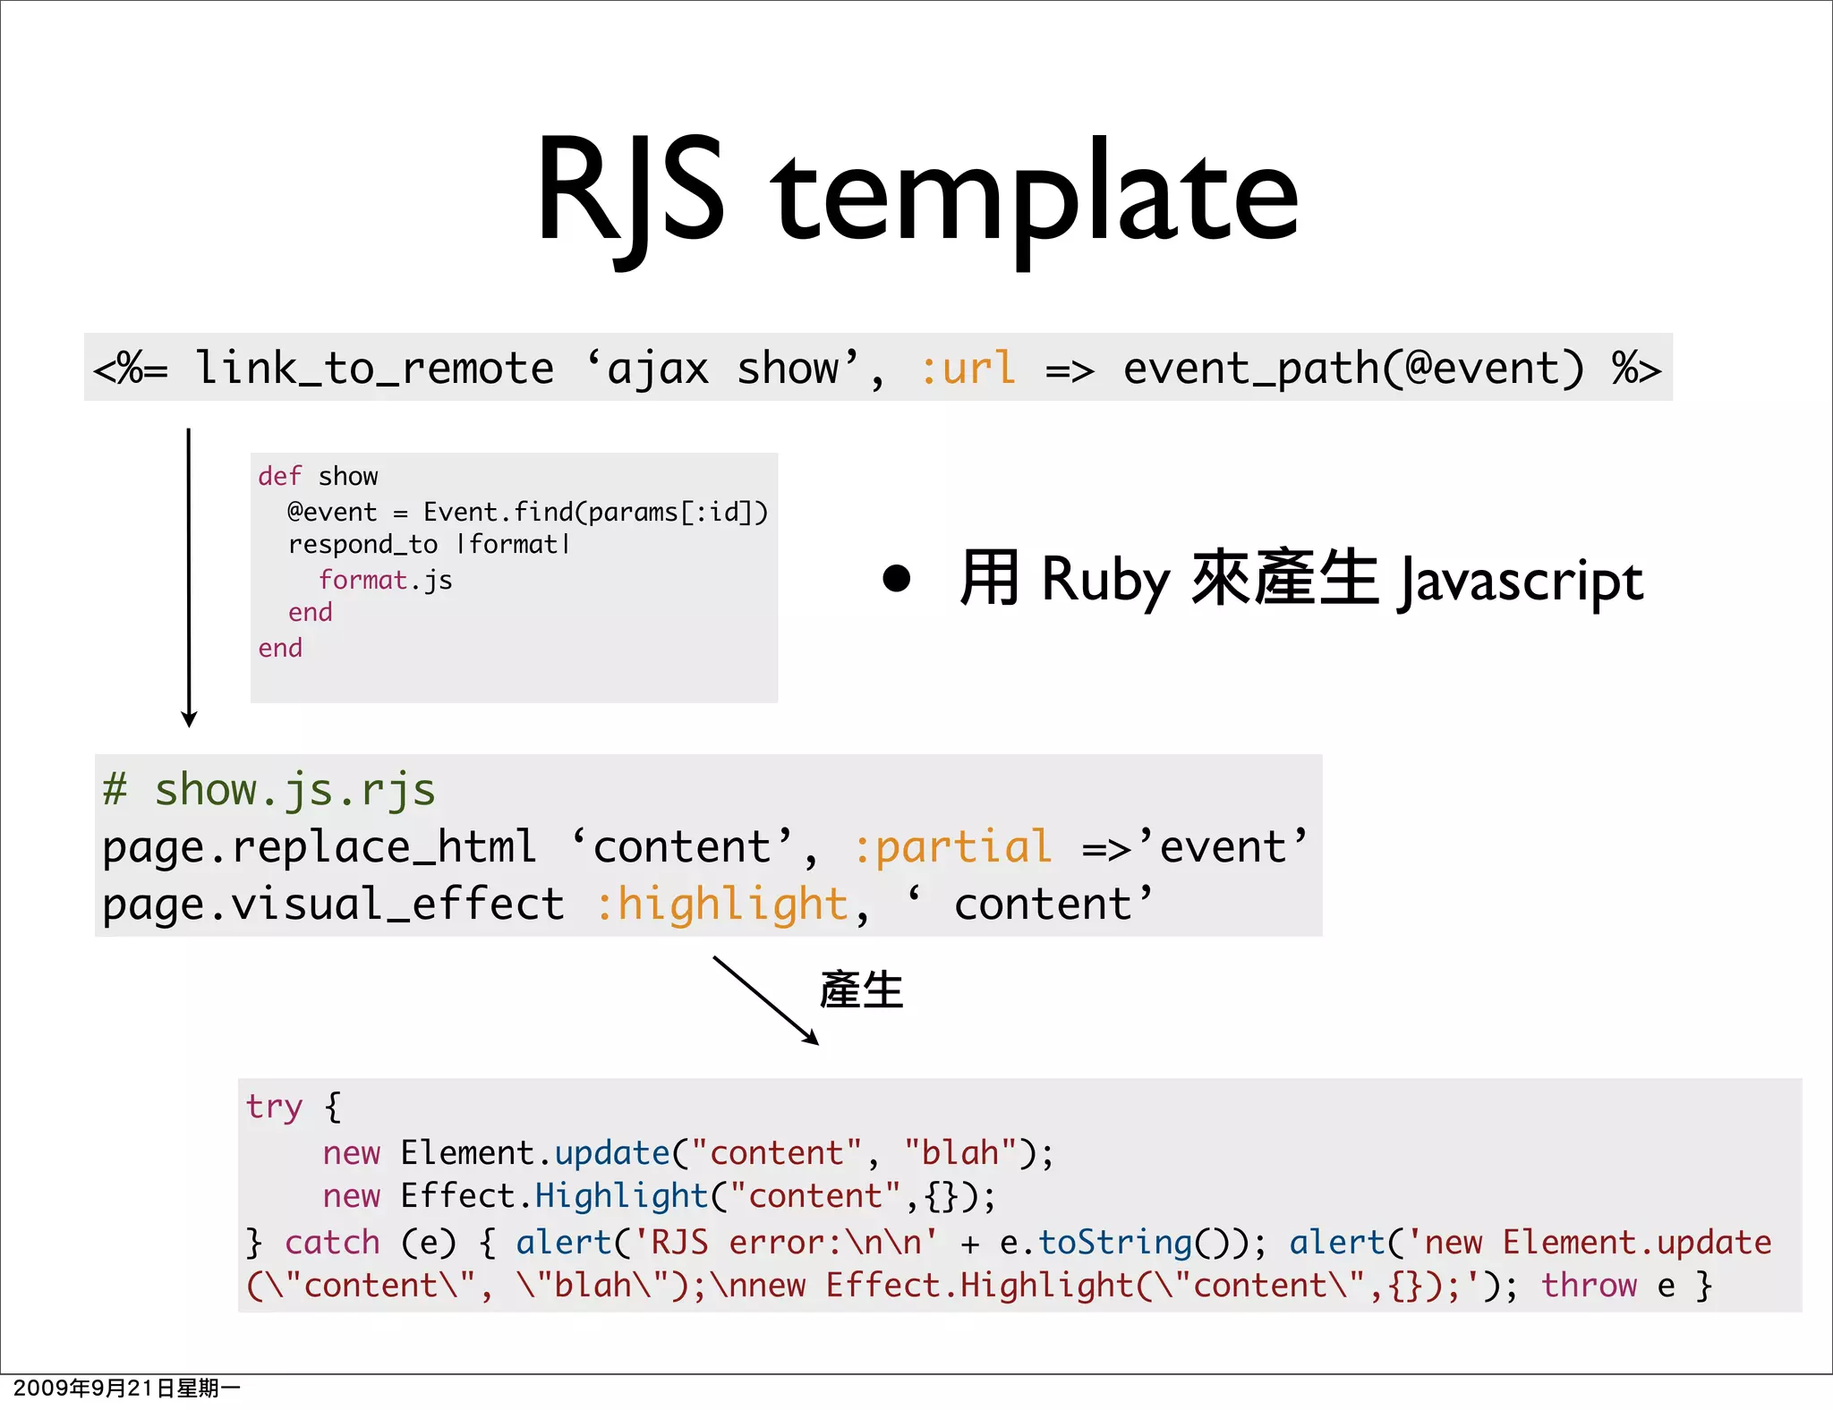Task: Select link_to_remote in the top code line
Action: [x=374, y=369]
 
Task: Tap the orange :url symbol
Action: [x=968, y=369]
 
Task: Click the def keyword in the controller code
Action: [x=279, y=476]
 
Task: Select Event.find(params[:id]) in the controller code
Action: [x=595, y=512]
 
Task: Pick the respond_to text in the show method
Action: [x=362, y=544]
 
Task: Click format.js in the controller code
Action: [x=385, y=580]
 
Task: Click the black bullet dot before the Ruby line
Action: [x=896, y=578]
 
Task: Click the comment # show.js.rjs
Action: [x=269, y=790]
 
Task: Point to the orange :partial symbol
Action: [x=952, y=846]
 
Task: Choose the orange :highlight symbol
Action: [x=722, y=904]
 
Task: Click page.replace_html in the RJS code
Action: [x=319, y=846]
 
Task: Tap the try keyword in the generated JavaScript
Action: [x=274, y=1107]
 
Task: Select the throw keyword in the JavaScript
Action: [x=1588, y=1286]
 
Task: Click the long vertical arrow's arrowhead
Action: [x=189, y=719]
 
